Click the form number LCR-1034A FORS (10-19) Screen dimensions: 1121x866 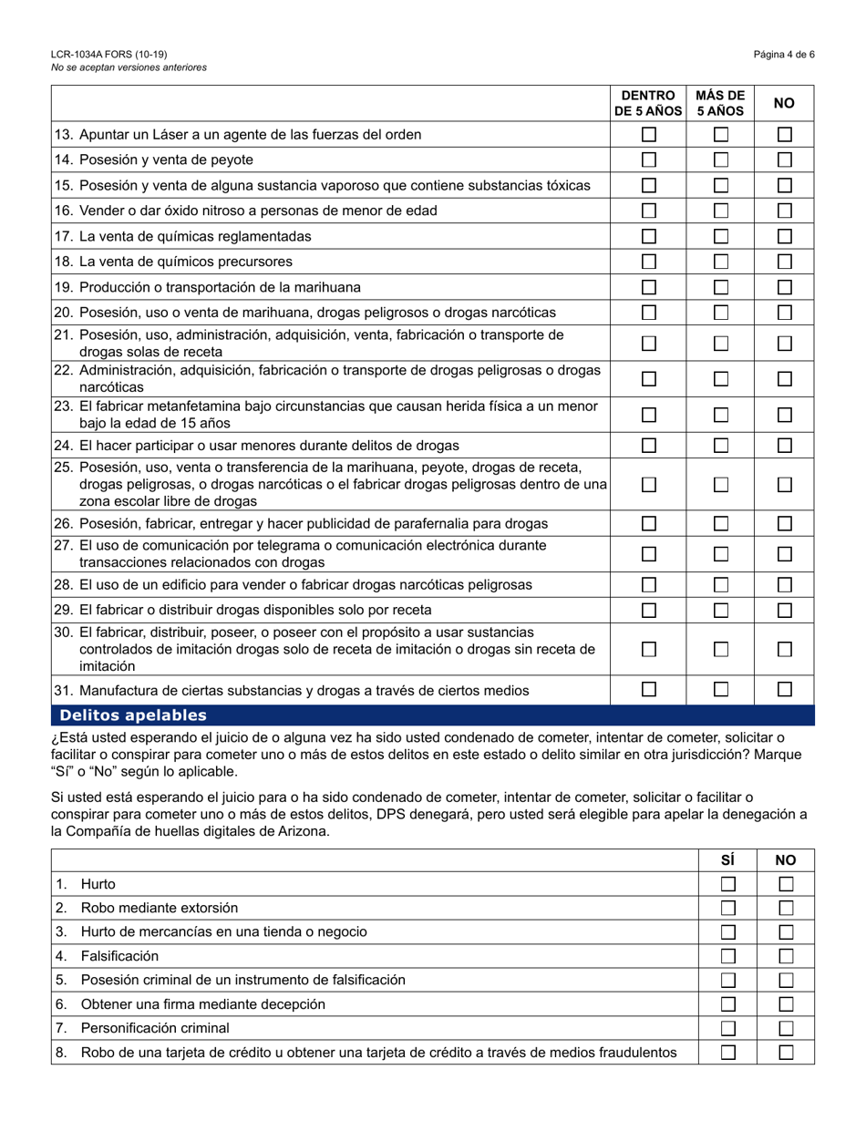(x=109, y=55)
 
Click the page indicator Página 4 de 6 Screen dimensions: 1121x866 (x=784, y=55)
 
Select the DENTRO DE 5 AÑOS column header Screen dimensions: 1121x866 (x=648, y=104)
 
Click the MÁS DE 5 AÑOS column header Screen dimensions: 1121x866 (x=720, y=104)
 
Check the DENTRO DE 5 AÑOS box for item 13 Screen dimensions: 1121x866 (x=648, y=135)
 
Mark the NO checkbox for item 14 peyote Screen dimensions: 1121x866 (x=785, y=160)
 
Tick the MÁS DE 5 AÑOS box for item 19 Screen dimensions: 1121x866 (x=720, y=287)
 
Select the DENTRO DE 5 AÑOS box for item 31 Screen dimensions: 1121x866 (x=648, y=690)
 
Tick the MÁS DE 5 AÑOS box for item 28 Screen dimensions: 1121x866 (x=720, y=584)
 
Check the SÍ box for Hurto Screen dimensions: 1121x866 (x=727, y=884)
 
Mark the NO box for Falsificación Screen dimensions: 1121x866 (x=785, y=956)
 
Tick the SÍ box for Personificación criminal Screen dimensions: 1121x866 (x=727, y=1028)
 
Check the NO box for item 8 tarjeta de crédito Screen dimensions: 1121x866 (x=785, y=1053)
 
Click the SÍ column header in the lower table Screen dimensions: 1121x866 (x=727, y=859)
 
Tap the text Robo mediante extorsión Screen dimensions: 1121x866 (x=160, y=908)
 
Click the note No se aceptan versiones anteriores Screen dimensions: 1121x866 (x=129, y=67)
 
